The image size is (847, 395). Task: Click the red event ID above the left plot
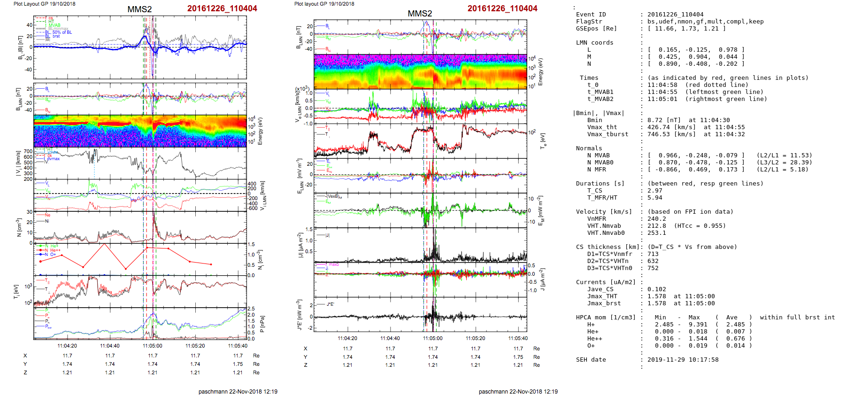(222, 8)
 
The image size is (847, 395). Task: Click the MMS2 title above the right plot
(419, 14)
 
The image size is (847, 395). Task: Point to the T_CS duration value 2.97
(654, 191)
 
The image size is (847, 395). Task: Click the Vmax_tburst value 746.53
(658, 134)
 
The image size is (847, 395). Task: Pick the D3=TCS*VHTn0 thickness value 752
(653, 268)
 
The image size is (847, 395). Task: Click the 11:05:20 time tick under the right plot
(475, 338)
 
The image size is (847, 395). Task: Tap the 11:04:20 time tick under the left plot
(67, 346)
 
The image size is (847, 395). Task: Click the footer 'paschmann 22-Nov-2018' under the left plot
(238, 391)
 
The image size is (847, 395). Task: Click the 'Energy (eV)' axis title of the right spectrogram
(540, 72)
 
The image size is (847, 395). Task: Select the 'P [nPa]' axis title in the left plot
(262, 324)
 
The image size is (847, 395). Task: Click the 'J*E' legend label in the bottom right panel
(331, 304)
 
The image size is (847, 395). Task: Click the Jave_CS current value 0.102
(656, 289)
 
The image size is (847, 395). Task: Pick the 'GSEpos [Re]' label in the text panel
(596, 29)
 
